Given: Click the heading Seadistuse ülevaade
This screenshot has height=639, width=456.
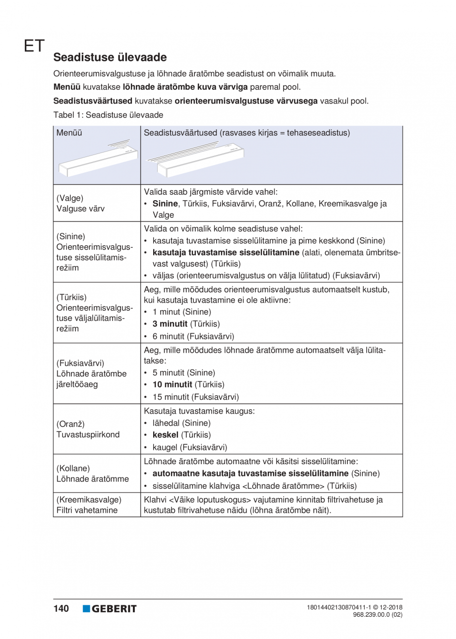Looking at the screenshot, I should point(110,57).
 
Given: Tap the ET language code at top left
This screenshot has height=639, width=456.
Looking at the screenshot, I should point(33,46).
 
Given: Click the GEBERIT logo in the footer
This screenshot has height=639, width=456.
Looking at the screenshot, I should point(110,608).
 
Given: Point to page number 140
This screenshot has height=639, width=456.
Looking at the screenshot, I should point(61,608).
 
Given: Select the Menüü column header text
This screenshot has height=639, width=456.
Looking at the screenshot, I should point(69,133).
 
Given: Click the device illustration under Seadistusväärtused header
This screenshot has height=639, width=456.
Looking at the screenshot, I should point(199,158).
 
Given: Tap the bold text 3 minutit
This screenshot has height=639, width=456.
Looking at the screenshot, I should point(170,324).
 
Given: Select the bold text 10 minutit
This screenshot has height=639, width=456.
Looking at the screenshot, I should point(172,384).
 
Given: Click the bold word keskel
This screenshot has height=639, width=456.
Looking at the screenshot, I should point(165,435).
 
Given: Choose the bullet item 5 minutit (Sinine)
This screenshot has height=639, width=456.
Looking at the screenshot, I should point(183,373).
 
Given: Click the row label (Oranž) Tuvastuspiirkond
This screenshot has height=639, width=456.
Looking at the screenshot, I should point(88,429).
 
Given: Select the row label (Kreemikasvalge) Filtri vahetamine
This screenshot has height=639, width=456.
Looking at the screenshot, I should point(89,505).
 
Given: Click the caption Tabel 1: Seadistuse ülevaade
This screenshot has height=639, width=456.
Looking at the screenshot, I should point(108,114).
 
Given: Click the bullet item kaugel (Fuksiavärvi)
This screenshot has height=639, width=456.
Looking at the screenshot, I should point(190,447).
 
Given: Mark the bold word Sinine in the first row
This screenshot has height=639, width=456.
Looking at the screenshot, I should point(165,204).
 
